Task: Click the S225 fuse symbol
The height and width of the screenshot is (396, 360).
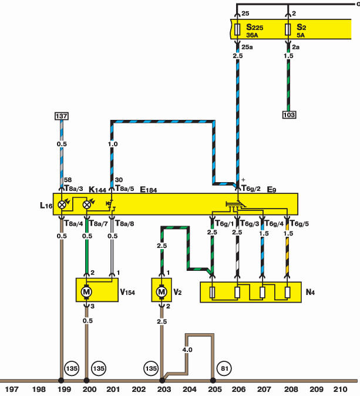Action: click(x=237, y=29)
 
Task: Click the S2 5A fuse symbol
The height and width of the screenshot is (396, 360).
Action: click(x=288, y=29)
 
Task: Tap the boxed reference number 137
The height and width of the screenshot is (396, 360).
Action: click(x=62, y=116)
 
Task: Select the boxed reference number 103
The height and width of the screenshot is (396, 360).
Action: click(x=289, y=115)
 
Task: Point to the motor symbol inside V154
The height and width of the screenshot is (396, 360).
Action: click(x=86, y=291)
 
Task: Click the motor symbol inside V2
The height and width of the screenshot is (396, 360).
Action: click(x=162, y=291)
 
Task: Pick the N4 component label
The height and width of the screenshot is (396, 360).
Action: click(x=310, y=292)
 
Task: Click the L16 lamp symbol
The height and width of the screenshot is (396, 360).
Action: click(x=62, y=204)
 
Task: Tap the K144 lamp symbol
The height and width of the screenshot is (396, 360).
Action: click(x=86, y=204)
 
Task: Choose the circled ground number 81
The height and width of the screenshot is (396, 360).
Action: click(x=225, y=368)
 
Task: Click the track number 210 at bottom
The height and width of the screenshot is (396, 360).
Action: click(x=340, y=389)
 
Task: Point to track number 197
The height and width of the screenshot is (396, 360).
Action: click(x=12, y=389)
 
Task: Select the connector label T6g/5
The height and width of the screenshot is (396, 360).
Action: click(x=300, y=223)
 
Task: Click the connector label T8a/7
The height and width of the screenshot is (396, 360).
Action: click(x=99, y=223)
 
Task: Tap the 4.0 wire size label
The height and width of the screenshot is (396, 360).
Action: click(x=187, y=350)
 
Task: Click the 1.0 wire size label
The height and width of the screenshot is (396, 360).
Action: click(x=113, y=144)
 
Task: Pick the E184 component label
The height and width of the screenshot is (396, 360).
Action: click(x=149, y=190)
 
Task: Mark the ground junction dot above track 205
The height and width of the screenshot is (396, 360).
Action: click(x=213, y=380)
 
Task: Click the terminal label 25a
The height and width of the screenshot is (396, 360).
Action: click(x=247, y=47)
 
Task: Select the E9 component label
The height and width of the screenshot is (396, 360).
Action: click(x=272, y=189)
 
